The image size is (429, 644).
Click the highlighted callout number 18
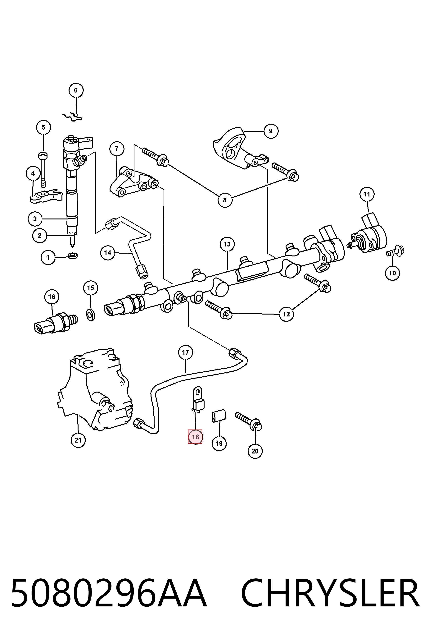195,437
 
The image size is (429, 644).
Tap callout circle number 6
76,90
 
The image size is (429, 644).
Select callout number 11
367,194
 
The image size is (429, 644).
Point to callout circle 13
227,244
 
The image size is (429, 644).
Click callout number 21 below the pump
78,440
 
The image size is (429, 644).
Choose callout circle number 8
225,200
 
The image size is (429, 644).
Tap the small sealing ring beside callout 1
73,255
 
